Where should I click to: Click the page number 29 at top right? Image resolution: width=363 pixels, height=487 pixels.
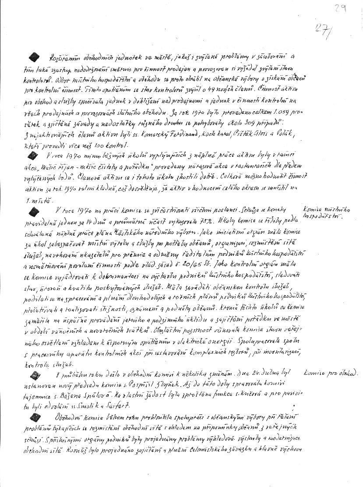338,7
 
